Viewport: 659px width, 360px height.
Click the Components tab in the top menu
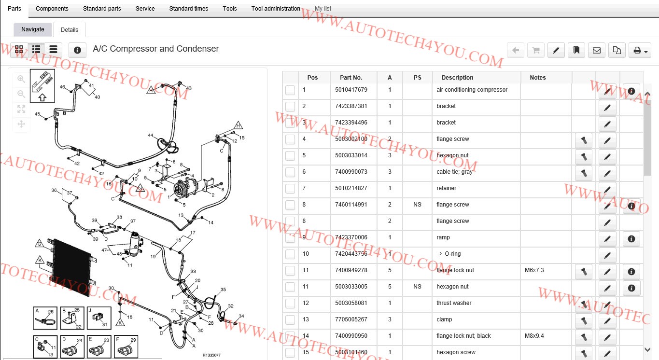click(52, 9)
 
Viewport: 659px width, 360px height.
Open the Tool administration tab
click(276, 9)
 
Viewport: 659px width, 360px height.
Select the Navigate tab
click(33, 29)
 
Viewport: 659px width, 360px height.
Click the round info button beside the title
click(77, 50)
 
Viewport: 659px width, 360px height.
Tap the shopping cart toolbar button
click(535, 50)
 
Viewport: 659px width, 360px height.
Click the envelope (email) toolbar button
click(596, 50)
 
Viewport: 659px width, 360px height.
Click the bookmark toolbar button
click(576, 50)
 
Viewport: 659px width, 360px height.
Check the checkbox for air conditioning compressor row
click(290, 90)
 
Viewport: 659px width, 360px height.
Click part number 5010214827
click(351, 188)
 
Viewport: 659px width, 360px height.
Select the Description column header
click(457, 78)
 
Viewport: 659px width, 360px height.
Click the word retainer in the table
click(446, 188)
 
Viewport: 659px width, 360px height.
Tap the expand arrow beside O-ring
click(440, 254)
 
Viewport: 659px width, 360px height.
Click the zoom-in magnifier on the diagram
click(21, 79)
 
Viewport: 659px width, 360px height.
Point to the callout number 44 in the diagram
click(151, 135)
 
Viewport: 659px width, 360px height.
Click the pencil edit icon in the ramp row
click(607, 238)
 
